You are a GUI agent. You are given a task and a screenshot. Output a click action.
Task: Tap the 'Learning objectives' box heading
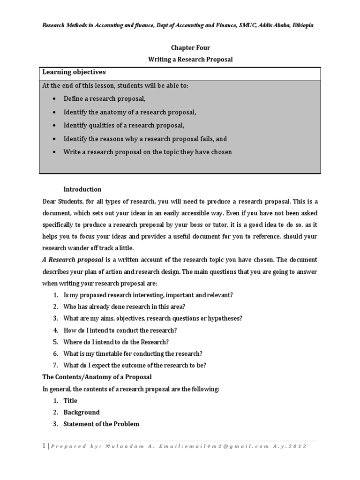74,72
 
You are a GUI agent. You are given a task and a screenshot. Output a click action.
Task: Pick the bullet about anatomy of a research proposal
130,112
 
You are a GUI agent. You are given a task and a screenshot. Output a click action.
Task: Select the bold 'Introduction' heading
82,189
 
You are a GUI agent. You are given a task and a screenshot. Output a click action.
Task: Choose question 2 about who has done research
125,307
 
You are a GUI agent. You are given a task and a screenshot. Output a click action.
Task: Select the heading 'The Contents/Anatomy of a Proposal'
97,377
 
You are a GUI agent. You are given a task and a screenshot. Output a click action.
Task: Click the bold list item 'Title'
70,401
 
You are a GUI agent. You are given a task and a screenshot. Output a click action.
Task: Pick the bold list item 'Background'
82,412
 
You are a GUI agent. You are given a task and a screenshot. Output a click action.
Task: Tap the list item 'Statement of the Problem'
101,424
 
